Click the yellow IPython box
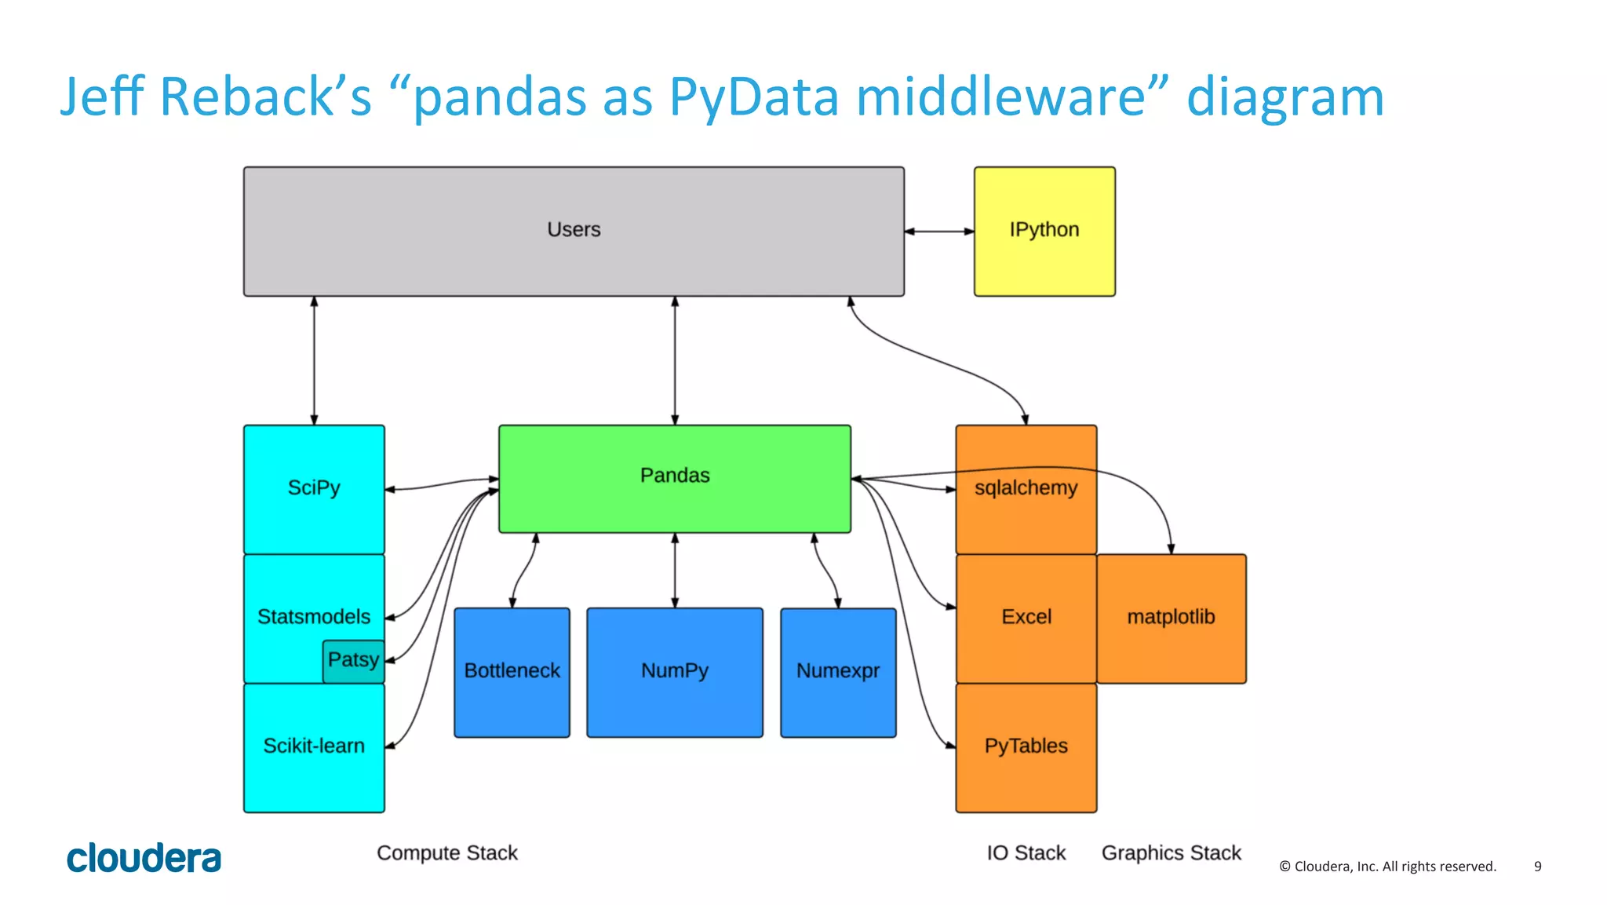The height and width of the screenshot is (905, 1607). (1044, 231)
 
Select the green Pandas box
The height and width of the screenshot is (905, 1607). (674, 478)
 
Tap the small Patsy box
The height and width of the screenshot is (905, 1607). (352, 660)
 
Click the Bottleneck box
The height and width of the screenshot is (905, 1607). (512, 672)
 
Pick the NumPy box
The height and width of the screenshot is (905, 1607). (674, 672)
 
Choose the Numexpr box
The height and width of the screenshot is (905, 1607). (837, 672)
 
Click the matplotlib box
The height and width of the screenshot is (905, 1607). (1171, 618)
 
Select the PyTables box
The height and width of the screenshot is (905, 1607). (1026, 746)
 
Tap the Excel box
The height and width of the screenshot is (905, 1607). (1026, 618)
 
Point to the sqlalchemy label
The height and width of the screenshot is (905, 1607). (1026, 488)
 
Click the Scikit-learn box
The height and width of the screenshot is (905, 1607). (314, 746)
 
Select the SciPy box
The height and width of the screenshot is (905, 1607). (314, 488)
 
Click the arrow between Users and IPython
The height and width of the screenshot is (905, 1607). (938, 232)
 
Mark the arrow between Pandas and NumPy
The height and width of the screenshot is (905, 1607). (675, 571)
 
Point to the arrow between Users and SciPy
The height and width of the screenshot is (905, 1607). (314, 361)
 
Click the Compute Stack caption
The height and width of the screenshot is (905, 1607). (447, 853)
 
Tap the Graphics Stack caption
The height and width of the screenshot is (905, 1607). (1171, 853)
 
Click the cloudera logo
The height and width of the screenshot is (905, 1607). (144, 858)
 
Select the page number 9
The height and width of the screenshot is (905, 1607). (1537, 867)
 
